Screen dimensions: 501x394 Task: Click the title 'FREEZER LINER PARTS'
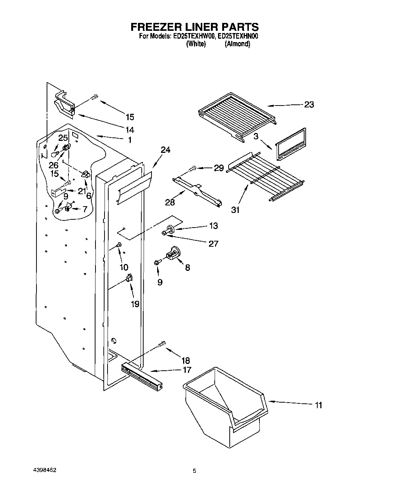pyautogui.click(x=194, y=27)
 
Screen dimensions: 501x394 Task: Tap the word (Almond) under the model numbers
pyautogui.click(x=237, y=44)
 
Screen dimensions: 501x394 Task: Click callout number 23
pyautogui.click(x=309, y=105)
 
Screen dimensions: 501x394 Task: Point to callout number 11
pyautogui.click(x=318, y=405)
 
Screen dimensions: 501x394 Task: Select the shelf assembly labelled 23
pyautogui.click(x=237, y=115)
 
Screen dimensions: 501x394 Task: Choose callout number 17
pyautogui.click(x=187, y=370)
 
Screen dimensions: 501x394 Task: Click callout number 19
pyautogui.click(x=135, y=303)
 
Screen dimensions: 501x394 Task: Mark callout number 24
pyautogui.click(x=165, y=150)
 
